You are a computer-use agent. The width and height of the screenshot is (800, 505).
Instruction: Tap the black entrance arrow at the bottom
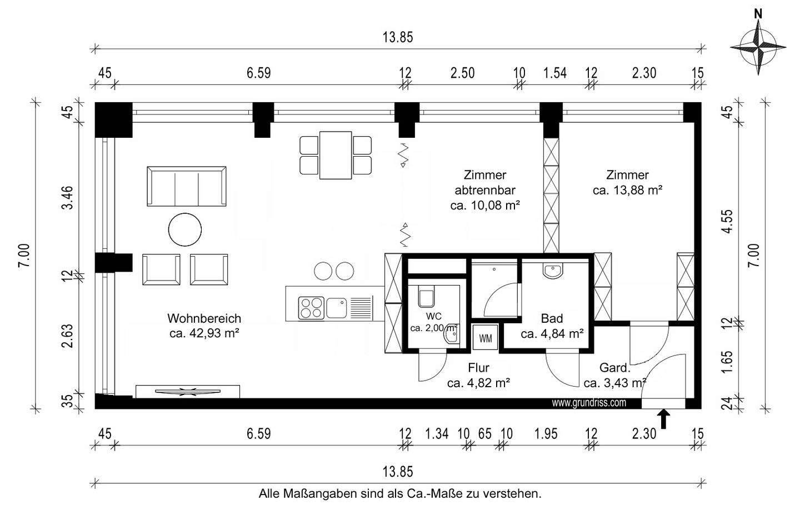tap(664, 419)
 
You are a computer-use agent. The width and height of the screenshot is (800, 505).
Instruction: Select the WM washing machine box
tap(485, 338)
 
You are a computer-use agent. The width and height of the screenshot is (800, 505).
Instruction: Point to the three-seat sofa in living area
tap(186, 186)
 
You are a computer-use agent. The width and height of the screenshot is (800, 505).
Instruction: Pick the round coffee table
tap(185, 229)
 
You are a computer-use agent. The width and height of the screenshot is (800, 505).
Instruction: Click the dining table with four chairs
tap(335, 155)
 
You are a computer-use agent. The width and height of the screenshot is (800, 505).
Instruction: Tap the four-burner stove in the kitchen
tap(311, 308)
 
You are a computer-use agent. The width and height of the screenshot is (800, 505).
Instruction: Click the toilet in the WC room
tap(426, 297)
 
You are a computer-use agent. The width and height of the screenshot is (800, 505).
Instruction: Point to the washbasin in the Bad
tap(553, 271)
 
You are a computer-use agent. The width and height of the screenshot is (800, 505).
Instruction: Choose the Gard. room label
tap(615, 368)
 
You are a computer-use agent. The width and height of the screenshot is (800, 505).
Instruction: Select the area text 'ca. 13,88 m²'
tap(627, 191)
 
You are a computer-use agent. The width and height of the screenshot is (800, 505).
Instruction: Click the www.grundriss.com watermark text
tap(589, 403)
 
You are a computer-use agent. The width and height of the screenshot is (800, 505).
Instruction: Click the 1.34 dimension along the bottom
tap(437, 433)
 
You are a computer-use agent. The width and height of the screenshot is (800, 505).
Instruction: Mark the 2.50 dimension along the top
tap(462, 73)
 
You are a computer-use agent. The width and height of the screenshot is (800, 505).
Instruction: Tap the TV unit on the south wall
tap(187, 391)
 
